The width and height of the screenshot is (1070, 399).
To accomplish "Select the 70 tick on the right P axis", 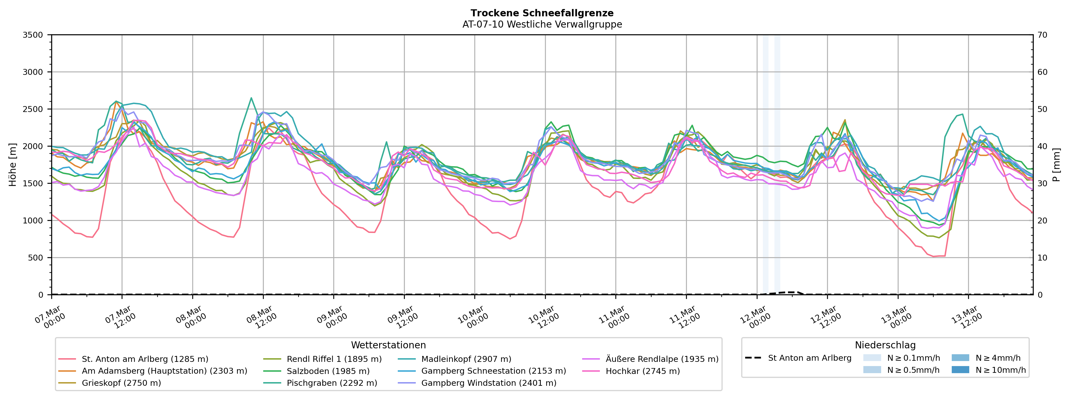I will tap(1043, 35).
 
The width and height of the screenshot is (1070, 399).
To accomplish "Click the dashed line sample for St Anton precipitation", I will tap(753, 358).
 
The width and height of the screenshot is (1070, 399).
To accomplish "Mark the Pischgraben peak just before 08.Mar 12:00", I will tap(251, 98).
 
